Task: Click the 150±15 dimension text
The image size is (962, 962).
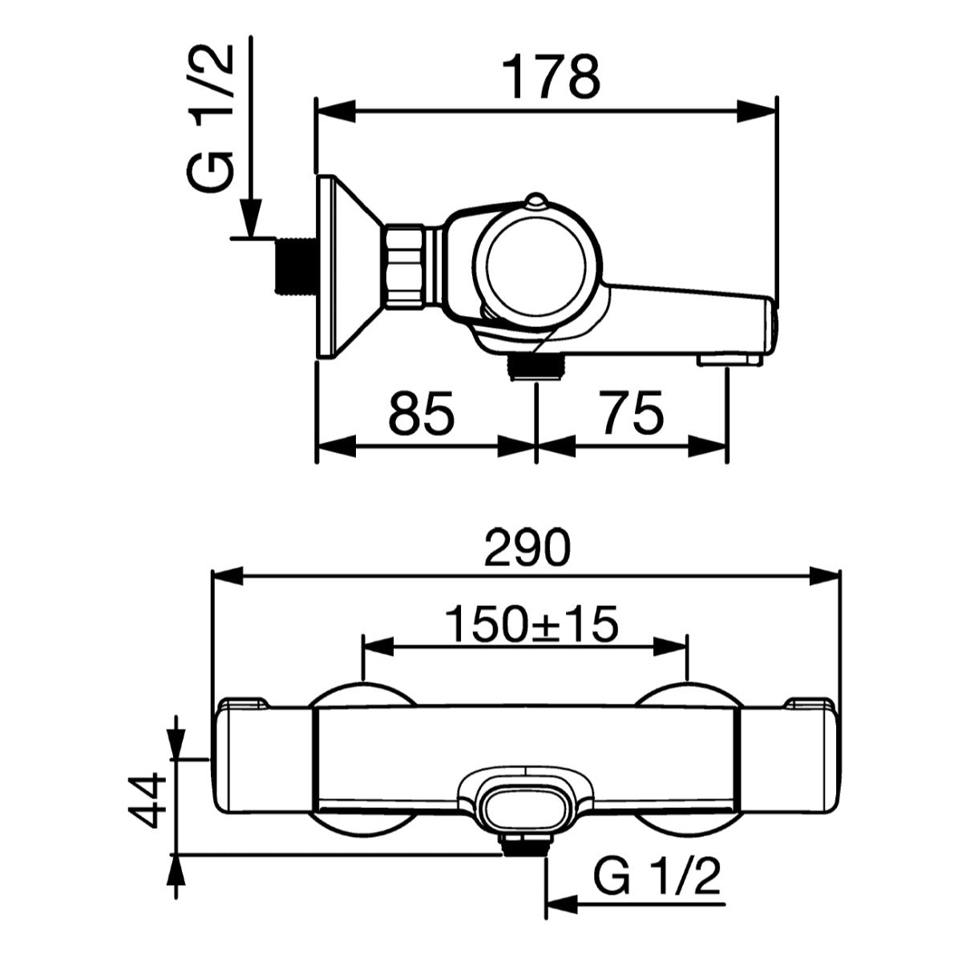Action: [x=532, y=624]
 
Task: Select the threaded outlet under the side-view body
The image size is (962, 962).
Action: [x=536, y=368]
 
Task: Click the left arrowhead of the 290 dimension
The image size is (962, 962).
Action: [x=227, y=575]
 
